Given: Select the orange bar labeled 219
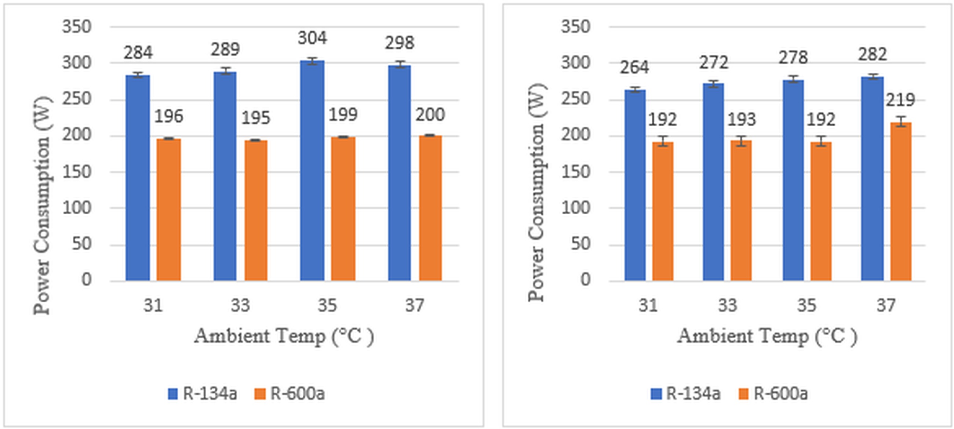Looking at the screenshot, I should click(901, 202).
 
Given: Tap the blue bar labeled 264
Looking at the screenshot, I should click(635, 185).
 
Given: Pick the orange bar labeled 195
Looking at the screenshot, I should click(255, 210).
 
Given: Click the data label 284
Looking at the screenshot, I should click(138, 52).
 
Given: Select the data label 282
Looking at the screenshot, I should click(872, 55).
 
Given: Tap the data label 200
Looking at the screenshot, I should click(430, 115).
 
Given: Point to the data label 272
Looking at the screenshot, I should click(713, 63).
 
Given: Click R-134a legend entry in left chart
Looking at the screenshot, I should click(202, 393).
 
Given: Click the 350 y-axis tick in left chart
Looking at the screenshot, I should click(76, 27).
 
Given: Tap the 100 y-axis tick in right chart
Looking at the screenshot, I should click(575, 208).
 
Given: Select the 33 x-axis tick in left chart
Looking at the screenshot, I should click(240, 306).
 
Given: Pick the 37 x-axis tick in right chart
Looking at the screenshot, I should click(886, 306).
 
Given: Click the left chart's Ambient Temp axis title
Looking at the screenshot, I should click(284, 337).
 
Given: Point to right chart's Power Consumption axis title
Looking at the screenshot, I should click(536, 193).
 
